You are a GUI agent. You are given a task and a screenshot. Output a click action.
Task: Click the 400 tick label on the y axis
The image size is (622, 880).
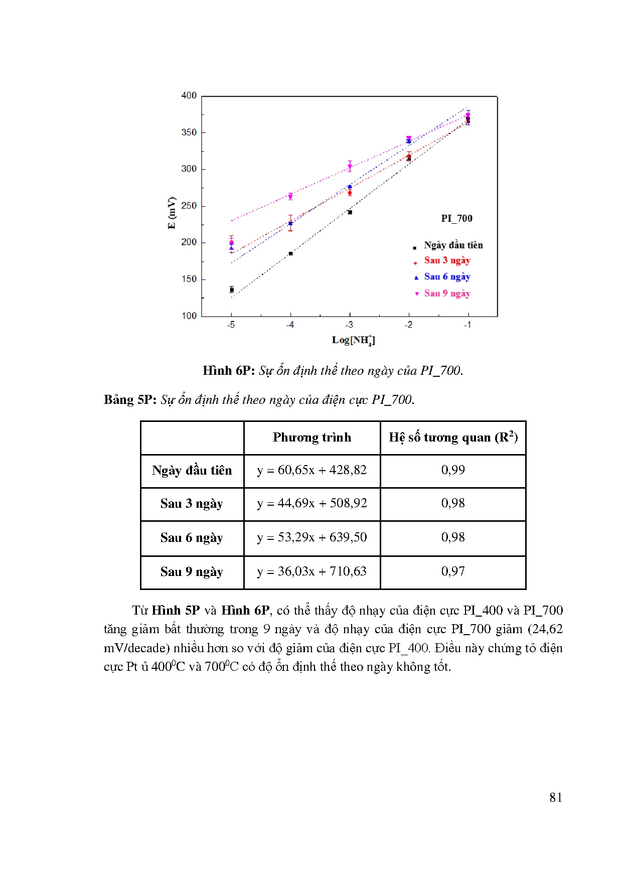pyautogui.click(x=189, y=95)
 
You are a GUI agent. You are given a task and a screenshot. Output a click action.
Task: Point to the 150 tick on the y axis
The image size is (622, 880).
pyautogui.click(x=189, y=279)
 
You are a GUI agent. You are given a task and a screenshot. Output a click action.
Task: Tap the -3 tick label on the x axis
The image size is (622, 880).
pyautogui.click(x=349, y=325)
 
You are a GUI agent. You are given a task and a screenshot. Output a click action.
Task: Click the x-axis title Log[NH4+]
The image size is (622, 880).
pyautogui.click(x=353, y=340)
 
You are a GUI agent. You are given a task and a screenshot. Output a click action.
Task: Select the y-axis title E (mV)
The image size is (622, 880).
pyautogui.click(x=172, y=213)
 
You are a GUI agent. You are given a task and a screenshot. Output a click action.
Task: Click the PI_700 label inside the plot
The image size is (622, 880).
pyautogui.click(x=456, y=218)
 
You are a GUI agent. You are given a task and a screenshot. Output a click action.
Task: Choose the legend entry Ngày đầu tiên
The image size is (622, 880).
pyautogui.click(x=453, y=245)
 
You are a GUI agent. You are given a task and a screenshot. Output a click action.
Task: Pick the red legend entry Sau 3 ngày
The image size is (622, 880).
pyautogui.click(x=447, y=260)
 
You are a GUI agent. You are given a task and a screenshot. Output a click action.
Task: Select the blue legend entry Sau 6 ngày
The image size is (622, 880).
pyautogui.click(x=447, y=277)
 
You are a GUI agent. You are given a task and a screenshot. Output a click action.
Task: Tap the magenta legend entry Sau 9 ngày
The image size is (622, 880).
pyautogui.click(x=447, y=294)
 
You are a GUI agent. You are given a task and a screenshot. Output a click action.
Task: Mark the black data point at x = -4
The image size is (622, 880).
pyautogui.click(x=290, y=253)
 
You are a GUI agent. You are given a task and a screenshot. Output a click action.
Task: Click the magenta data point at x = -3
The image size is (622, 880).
pyautogui.click(x=350, y=166)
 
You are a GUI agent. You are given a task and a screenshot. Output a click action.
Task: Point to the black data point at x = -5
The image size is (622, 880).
pyautogui.click(x=231, y=289)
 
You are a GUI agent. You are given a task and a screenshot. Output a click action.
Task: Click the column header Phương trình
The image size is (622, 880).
pyautogui.click(x=312, y=437)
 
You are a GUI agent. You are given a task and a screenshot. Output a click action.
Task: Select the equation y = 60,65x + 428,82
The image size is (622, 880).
pyautogui.click(x=312, y=470)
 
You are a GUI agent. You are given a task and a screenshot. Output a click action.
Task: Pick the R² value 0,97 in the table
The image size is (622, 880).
pyautogui.click(x=453, y=571)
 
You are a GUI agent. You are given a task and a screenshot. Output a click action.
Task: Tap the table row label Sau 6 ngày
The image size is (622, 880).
pyautogui.click(x=192, y=538)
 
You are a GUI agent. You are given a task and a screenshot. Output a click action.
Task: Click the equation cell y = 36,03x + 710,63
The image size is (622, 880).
pyautogui.click(x=312, y=571)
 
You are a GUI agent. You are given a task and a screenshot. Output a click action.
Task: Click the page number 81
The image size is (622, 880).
pyautogui.click(x=555, y=798)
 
